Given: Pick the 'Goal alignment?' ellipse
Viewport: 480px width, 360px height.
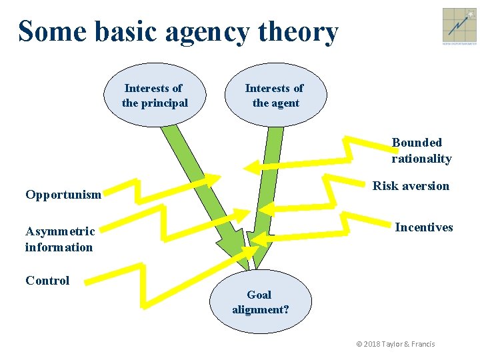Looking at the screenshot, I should click(x=260, y=302).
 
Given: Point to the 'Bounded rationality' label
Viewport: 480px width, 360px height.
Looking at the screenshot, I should click(x=421, y=151).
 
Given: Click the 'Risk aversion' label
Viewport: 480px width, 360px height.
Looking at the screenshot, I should click(x=411, y=186).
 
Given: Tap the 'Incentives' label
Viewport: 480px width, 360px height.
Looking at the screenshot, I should click(x=423, y=227).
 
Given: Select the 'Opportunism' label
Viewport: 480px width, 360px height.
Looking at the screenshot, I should click(x=63, y=195).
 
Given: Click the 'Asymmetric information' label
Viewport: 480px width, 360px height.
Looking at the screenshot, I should click(x=60, y=239).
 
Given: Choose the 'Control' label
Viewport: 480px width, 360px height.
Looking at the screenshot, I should click(x=47, y=281).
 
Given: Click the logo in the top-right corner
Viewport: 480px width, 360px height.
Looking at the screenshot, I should click(x=459, y=27).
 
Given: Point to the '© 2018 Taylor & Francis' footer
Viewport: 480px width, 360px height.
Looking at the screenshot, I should click(x=395, y=344).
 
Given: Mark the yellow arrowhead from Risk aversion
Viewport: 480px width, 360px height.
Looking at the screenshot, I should click(x=266, y=208).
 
